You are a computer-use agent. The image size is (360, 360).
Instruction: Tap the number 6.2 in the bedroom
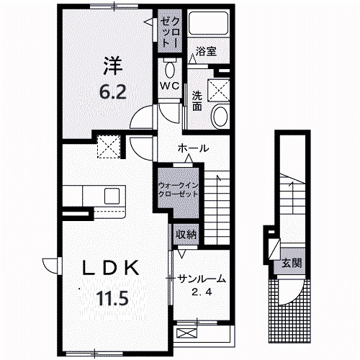pyautogui.click(x=113, y=92)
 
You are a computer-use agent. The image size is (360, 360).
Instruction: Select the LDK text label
pyautogui.click(x=111, y=268)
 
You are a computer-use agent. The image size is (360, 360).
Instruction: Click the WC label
pyautogui.click(x=170, y=86)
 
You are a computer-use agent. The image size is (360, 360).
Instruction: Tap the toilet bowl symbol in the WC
pyautogui.click(x=170, y=70)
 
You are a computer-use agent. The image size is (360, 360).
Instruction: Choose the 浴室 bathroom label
pyautogui.click(x=206, y=51)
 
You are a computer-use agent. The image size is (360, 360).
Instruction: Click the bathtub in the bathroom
pyautogui.click(x=208, y=23)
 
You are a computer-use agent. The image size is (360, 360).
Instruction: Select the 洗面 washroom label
pyautogui.click(x=197, y=101)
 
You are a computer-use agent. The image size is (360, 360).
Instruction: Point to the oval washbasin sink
pyautogui.click(x=220, y=117)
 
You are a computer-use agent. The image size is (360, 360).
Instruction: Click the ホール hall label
pyautogui.click(x=193, y=148)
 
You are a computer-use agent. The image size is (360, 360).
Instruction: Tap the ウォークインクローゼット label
pyautogui.click(x=179, y=189)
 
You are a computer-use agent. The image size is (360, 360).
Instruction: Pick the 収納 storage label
pyautogui.click(x=186, y=235)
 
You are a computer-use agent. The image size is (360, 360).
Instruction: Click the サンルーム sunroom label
pyautogui.click(x=202, y=279)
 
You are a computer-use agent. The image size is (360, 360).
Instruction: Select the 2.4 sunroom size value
pyautogui.click(x=202, y=292)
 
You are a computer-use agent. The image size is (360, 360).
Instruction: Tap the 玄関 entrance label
pyautogui.click(x=292, y=263)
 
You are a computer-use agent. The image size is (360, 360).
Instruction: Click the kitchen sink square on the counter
pyautogui.click(x=112, y=196)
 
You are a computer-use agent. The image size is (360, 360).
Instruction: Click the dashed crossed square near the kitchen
pyautogui.click(x=109, y=146)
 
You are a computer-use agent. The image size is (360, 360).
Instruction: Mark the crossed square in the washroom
pyautogui.click(x=218, y=89)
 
